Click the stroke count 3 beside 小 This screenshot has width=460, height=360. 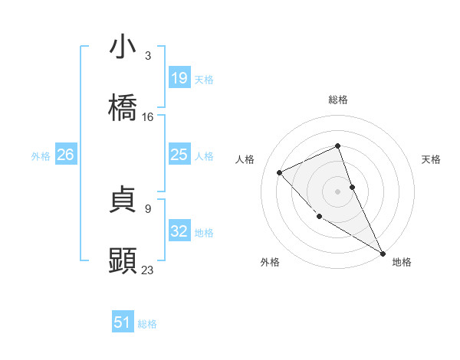tap(148, 56)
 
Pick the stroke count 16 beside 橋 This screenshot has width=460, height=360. tap(148, 117)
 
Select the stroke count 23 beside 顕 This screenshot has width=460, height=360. tap(148, 270)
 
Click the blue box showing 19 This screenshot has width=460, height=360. tap(179, 78)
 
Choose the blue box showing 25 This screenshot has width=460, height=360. tap(179, 155)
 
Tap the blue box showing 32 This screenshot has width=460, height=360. tap(179, 231)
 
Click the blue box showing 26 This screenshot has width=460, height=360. tap(65, 155)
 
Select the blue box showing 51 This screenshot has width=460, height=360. tap(123, 322)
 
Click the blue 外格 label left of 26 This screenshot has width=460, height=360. tap(41, 156)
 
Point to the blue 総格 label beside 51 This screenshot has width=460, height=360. tap(147, 324)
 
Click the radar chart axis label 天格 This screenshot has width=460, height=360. tap(431, 159)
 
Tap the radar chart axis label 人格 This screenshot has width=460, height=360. tap(245, 159)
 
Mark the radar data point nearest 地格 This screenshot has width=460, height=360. tap(383, 253)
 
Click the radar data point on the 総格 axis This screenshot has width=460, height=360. tap(337, 146)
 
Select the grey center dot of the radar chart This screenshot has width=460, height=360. tap(337, 191)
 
